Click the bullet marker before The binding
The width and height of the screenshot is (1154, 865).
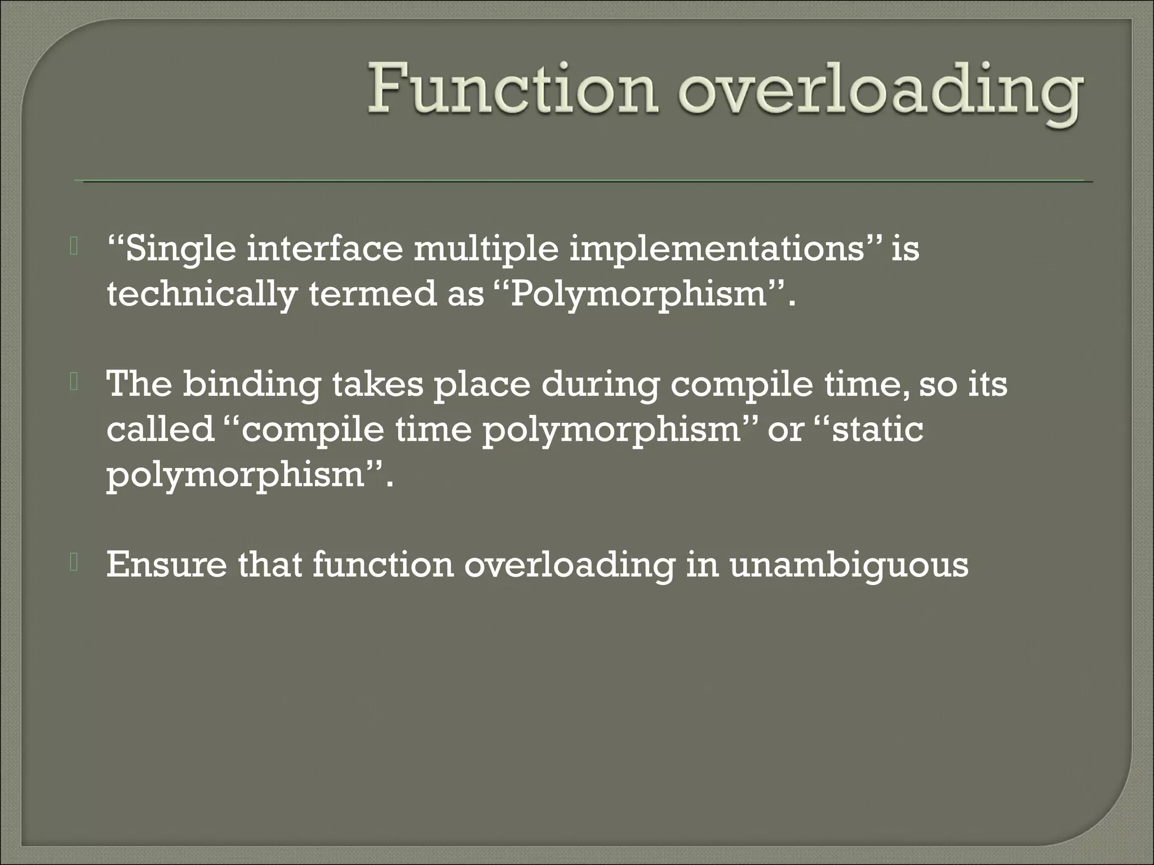tap(73, 382)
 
